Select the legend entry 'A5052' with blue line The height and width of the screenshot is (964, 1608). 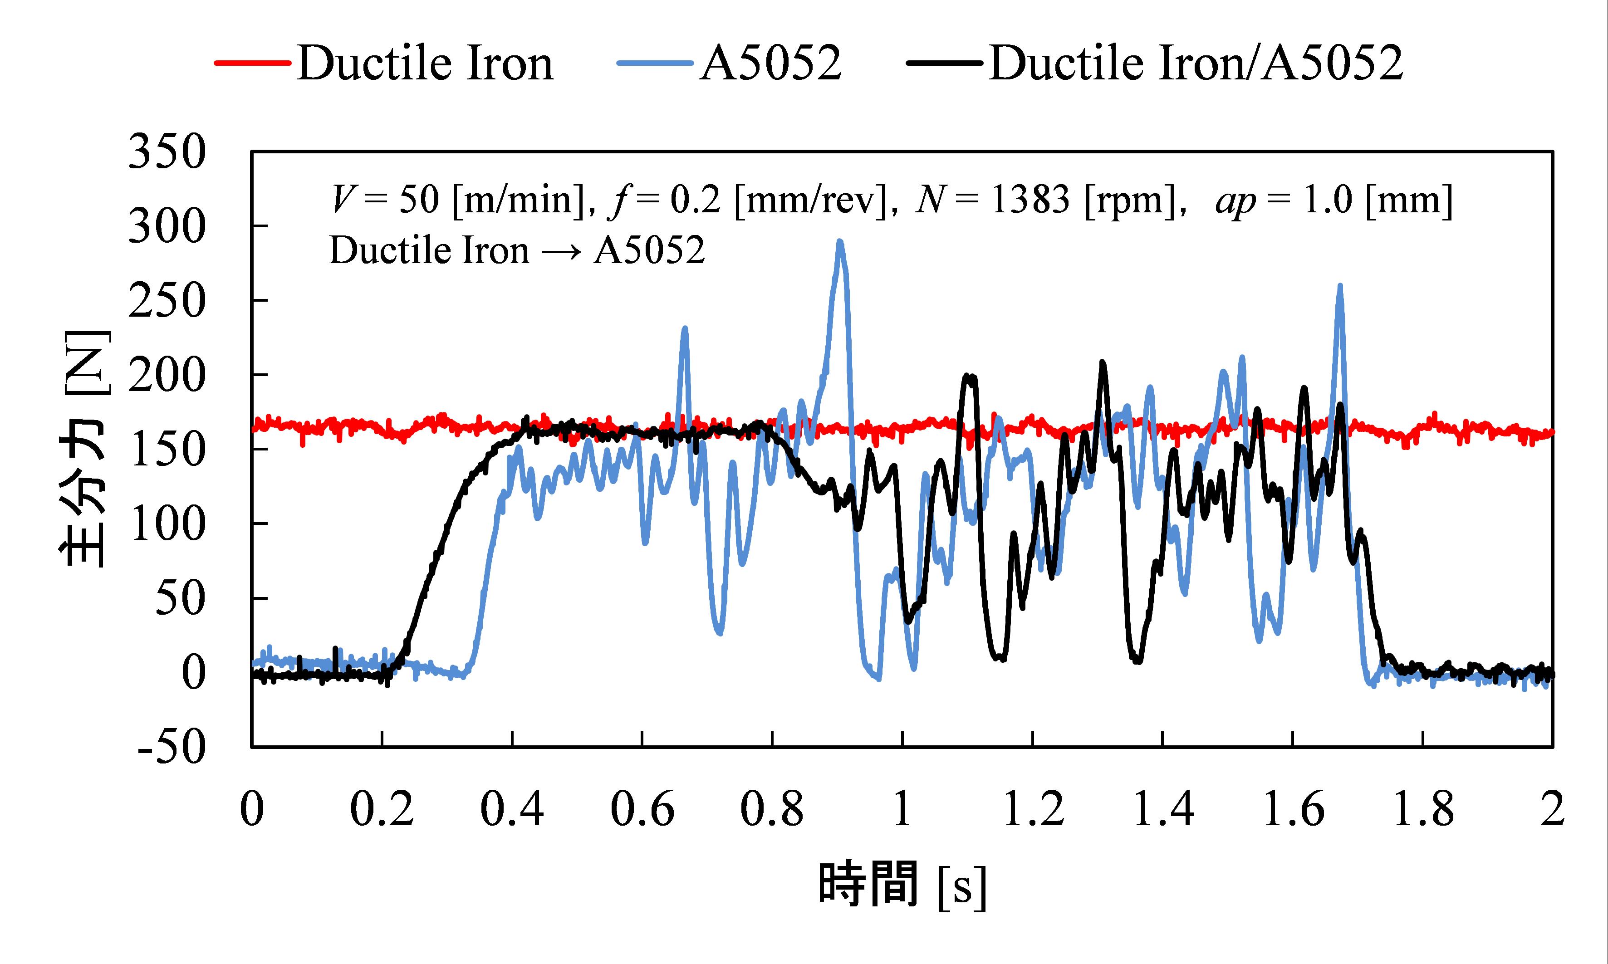[770, 63]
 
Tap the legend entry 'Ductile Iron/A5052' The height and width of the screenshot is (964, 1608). [1196, 63]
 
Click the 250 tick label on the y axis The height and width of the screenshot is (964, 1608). [167, 301]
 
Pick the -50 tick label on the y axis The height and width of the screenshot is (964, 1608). [172, 747]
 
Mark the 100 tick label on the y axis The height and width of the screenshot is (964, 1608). [167, 524]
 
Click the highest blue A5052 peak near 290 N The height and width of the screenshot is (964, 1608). [840, 242]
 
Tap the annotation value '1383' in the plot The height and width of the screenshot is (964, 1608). [1030, 200]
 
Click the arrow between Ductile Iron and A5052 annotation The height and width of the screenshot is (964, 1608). [561, 251]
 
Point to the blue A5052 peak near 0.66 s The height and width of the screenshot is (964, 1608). [684, 329]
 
